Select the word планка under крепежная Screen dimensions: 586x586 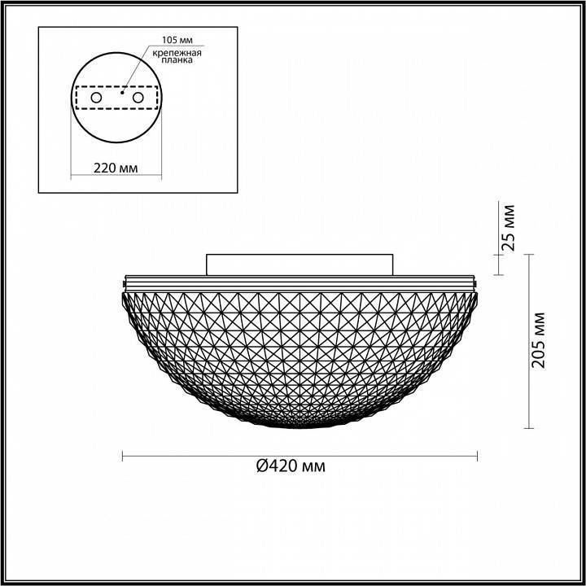click(x=173, y=61)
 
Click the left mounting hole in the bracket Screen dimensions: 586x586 click(x=96, y=98)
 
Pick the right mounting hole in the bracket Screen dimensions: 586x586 click(x=138, y=98)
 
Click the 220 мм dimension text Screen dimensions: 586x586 click(x=115, y=167)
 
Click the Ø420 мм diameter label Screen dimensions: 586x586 click(x=291, y=466)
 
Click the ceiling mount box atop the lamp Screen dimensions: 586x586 click(x=300, y=264)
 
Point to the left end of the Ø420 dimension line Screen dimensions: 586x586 click(x=123, y=456)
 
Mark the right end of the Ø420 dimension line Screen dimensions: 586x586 click(x=477, y=456)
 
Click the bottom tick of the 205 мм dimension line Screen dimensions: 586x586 click(x=530, y=428)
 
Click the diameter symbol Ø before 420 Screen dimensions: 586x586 click(x=261, y=466)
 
